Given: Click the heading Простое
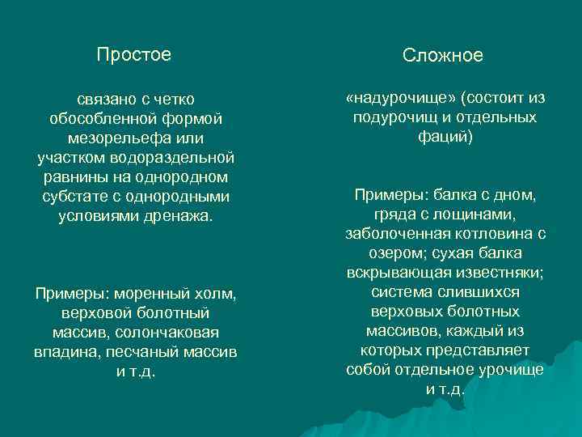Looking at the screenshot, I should (134, 55).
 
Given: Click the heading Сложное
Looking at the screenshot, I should (443, 56).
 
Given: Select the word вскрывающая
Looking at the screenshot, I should (391, 273).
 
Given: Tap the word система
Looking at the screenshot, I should (400, 292).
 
